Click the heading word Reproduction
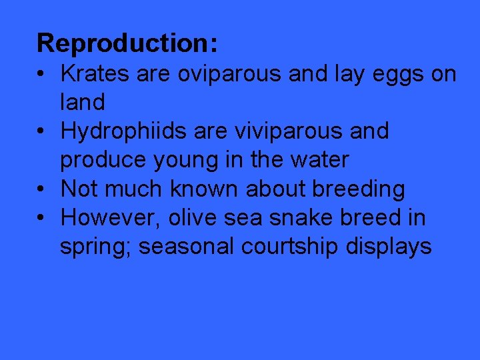(127, 44)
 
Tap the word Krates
(95, 74)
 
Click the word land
(83, 103)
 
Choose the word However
(110, 218)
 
